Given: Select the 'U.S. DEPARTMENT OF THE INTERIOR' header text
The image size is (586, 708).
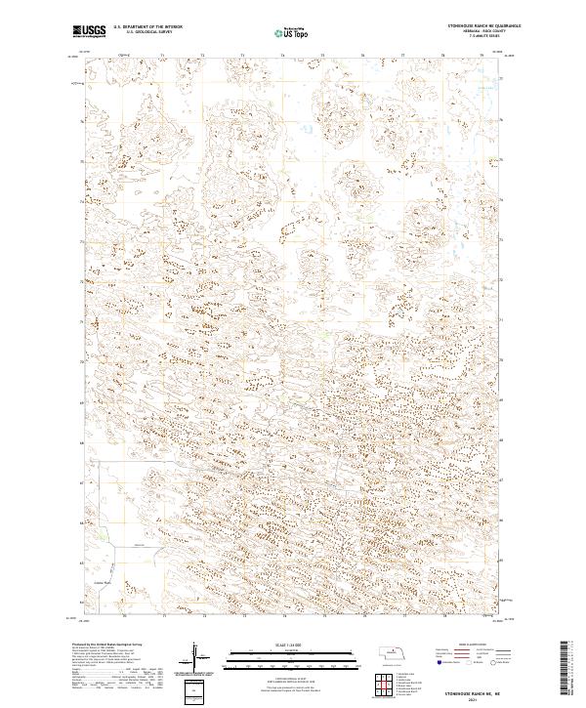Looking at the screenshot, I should coord(148,27).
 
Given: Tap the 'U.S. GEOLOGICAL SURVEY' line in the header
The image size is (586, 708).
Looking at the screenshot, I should coord(148,32).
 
